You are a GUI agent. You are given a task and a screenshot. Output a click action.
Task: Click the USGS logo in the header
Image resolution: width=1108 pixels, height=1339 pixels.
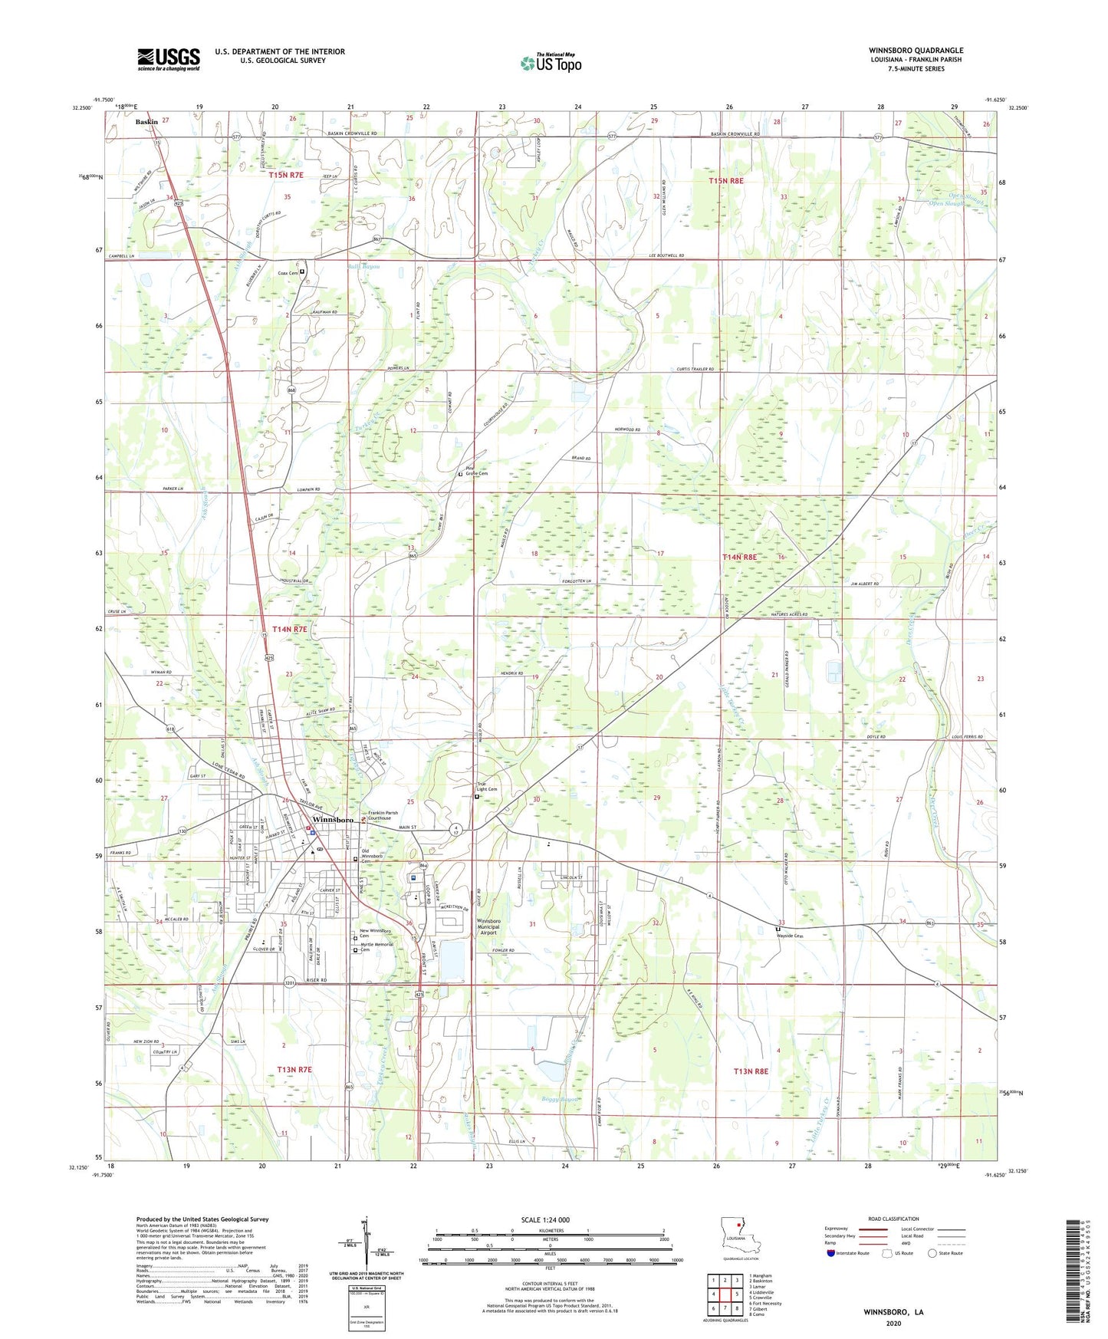click(169, 58)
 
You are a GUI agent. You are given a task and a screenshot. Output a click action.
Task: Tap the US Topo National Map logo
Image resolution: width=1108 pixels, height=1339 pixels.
click(550, 63)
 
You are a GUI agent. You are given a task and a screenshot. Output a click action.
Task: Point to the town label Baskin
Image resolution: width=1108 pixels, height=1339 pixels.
click(146, 122)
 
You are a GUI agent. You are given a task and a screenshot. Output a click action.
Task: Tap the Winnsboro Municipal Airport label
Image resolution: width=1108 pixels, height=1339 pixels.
click(488, 926)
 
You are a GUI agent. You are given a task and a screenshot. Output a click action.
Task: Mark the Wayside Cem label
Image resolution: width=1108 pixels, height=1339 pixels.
click(792, 936)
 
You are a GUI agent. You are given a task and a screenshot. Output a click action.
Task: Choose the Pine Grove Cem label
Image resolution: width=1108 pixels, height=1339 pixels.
click(476, 472)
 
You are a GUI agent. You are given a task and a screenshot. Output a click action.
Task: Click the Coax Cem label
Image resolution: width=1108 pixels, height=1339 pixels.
click(288, 273)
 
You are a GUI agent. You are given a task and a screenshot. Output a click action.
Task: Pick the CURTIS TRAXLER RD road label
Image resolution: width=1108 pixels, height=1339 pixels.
click(689, 369)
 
